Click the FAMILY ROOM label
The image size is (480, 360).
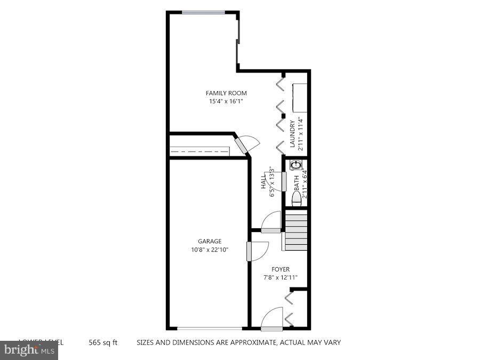(226, 93)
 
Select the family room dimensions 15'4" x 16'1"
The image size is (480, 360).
(226, 101)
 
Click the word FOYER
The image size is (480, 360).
(280, 269)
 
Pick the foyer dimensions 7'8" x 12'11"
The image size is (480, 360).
(280, 277)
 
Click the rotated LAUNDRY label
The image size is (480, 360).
(293, 134)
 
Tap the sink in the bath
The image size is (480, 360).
(294, 165)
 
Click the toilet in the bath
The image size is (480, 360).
(296, 197)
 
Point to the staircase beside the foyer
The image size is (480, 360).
(296, 230)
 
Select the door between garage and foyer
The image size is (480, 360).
(250, 251)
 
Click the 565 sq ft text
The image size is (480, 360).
(103, 342)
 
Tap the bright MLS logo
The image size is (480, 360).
(29, 350)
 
